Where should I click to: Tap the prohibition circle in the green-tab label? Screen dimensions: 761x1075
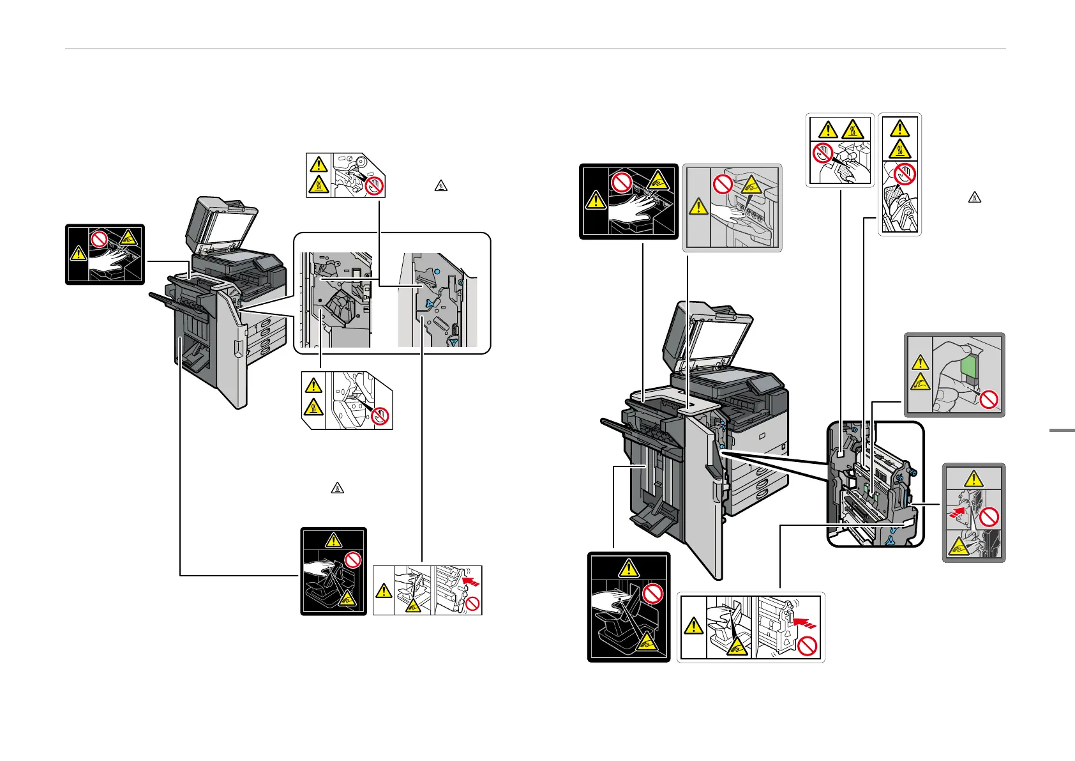pyautogui.click(x=989, y=401)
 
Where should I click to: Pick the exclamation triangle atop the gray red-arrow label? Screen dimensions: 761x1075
pyautogui.click(x=974, y=478)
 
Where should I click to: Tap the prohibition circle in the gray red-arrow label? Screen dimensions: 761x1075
pyautogui.click(x=989, y=516)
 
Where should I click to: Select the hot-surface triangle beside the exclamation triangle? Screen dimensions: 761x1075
pyautogui.click(x=853, y=130)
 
